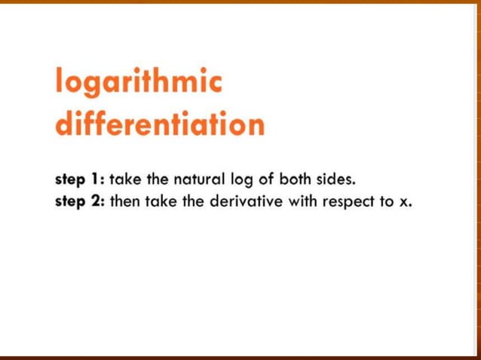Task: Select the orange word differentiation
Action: coord(160,124)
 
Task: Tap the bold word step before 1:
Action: coord(71,181)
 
